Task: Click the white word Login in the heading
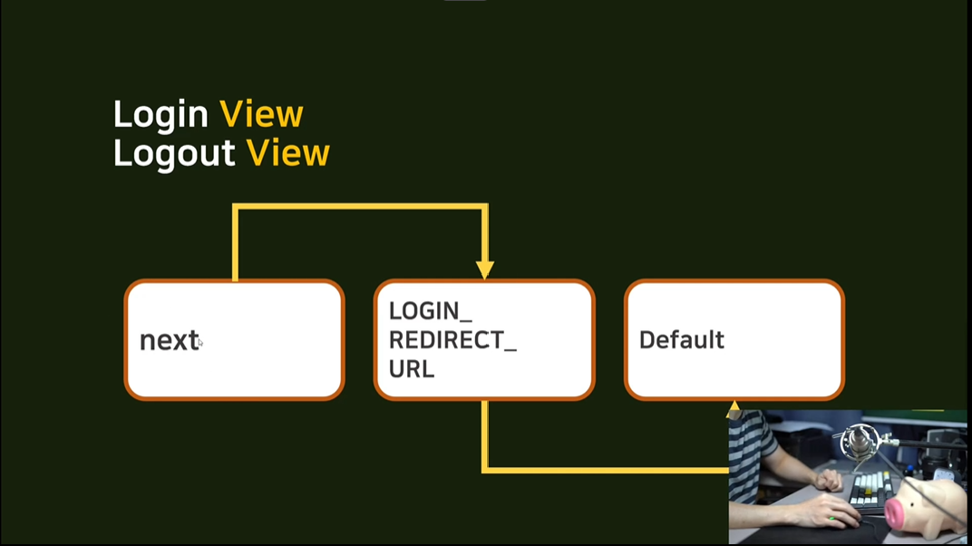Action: [160, 115]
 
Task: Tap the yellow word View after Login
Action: [261, 114]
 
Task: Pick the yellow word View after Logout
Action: [287, 153]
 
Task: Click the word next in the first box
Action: [169, 340]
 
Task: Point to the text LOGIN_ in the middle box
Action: [430, 311]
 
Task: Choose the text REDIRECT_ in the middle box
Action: [452, 340]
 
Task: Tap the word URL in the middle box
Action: [412, 369]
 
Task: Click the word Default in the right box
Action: [681, 340]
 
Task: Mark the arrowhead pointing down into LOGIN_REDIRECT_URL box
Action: [485, 270]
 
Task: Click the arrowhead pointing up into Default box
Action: [734, 406]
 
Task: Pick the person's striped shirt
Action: [752, 450]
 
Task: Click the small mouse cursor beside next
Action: [200, 343]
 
